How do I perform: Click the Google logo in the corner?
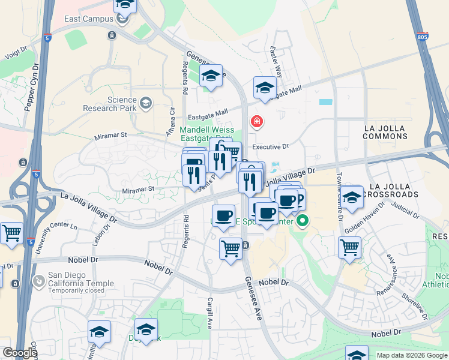[20, 353]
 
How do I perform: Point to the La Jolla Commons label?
[385, 132]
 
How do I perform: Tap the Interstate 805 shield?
[423, 36]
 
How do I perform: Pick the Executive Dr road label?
[270, 146]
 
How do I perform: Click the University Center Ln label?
[58, 236]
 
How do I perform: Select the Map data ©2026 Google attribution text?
[412, 355]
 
